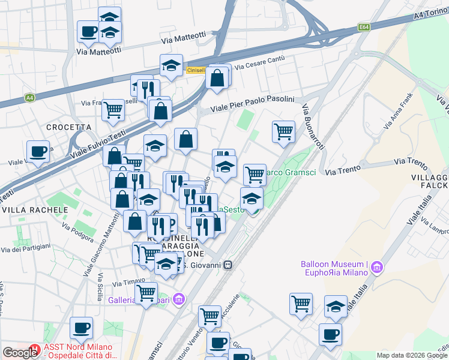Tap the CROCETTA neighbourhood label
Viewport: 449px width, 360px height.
(x=69, y=127)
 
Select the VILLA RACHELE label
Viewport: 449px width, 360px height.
(x=34, y=211)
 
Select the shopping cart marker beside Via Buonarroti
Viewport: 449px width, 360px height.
(x=283, y=131)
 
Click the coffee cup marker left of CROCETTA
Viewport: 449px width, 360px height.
(x=38, y=151)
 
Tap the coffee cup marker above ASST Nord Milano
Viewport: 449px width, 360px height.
(x=81, y=328)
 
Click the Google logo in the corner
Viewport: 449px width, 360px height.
(x=20, y=353)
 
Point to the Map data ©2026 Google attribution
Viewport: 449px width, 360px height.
(x=412, y=355)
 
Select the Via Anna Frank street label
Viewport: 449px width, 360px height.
(x=398, y=112)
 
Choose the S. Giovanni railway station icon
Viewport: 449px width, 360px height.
(x=228, y=265)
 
